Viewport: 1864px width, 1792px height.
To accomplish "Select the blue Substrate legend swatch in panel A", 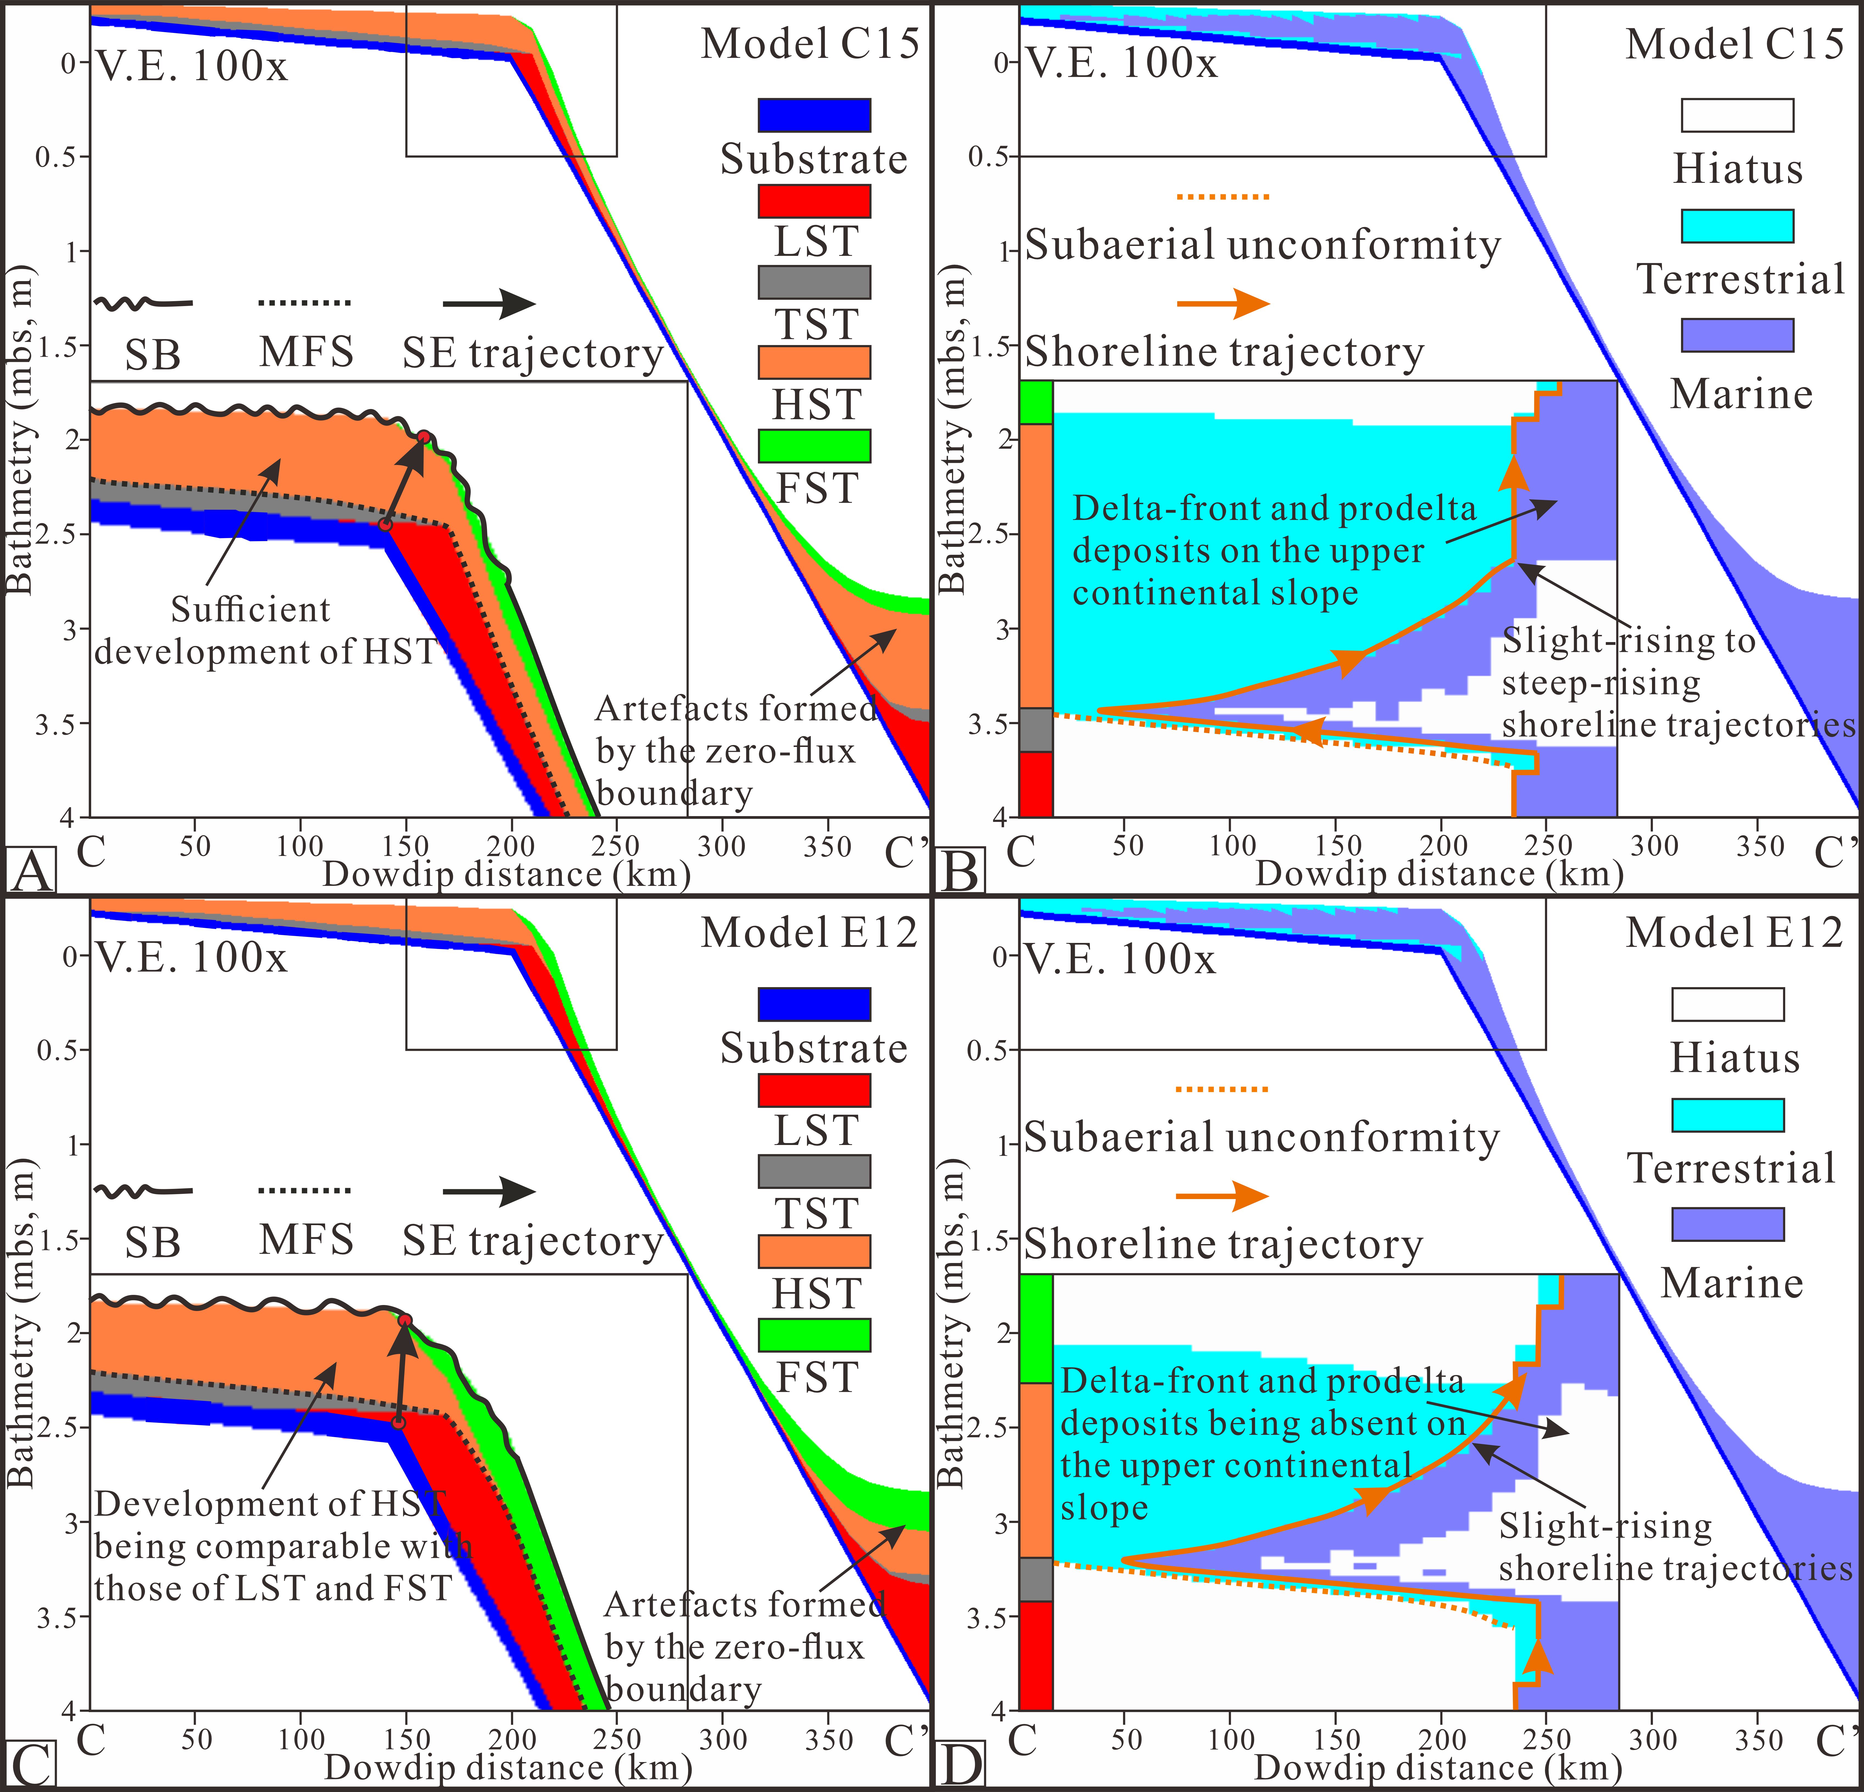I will (814, 115).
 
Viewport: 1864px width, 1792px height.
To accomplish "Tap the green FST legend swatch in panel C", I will (814, 1334).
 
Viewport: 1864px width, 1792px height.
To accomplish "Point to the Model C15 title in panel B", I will (1735, 44).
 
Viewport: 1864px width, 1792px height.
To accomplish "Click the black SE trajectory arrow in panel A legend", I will (489, 304).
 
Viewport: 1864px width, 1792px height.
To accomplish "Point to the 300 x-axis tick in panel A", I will (722, 844).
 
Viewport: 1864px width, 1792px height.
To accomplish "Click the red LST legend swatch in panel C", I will (814, 1090).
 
